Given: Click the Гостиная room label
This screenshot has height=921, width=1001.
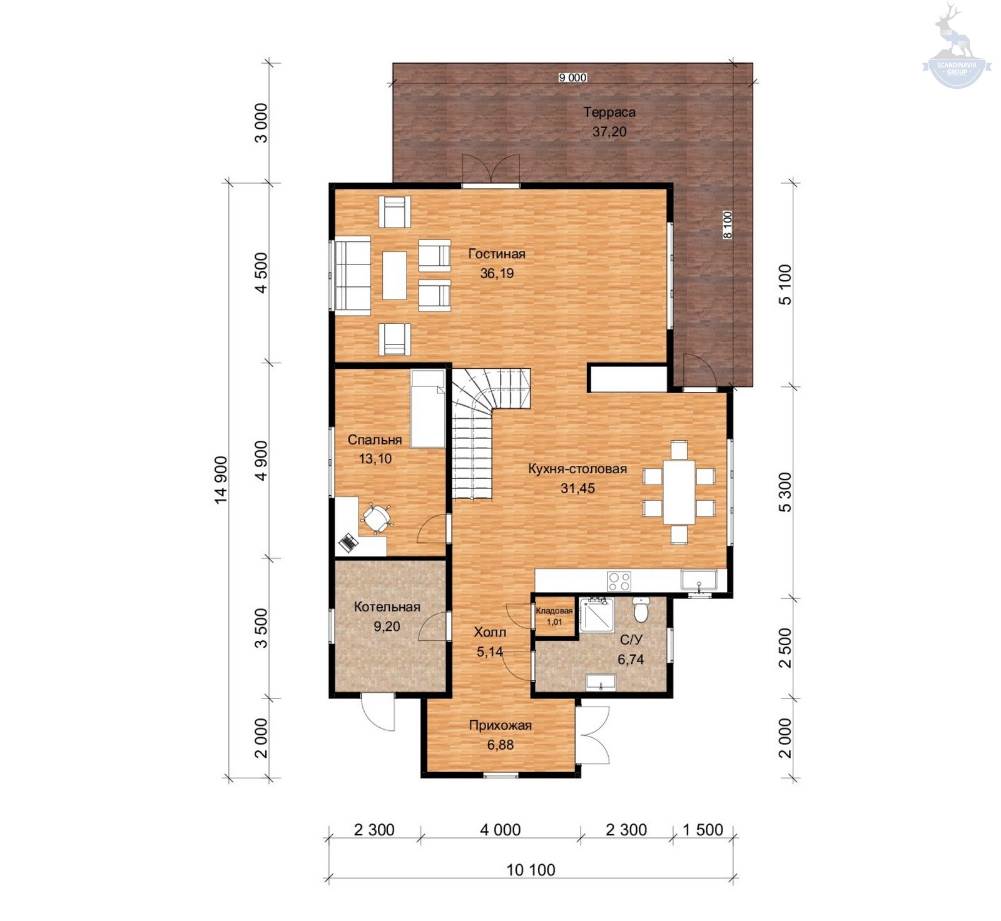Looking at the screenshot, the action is pyautogui.click(x=497, y=254).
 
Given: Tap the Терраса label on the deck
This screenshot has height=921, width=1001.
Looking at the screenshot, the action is pyautogui.click(x=609, y=113).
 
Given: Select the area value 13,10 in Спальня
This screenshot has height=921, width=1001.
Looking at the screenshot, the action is pyautogui.click(x=375, y=459).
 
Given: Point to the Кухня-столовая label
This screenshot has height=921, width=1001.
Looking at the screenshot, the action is pyautogui.click(x=577, y=469).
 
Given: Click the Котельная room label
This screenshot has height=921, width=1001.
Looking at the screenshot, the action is pyautogui.click(x=387, y=606).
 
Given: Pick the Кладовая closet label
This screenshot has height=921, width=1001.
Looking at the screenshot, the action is pyautogui.click(x=554, y=611).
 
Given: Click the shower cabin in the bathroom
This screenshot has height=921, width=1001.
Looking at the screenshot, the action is pyautogui.click(x=596, y=615).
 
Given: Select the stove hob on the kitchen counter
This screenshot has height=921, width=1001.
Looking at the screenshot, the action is pyautogui.click(x=619, y=581).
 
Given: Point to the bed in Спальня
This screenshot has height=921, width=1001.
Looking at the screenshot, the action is pyautogui.click(x=428, y=408).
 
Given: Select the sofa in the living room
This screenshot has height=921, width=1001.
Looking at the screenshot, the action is pyautogui.click(x=352, y=276).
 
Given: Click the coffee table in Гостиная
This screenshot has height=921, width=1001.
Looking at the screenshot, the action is pyautogui.click(x=395, y=276).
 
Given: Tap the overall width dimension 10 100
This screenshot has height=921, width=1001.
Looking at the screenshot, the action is pyautogui.click(x=531, y=870).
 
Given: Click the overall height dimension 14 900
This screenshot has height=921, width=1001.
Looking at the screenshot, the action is pyautogui.click(x=221, y=480).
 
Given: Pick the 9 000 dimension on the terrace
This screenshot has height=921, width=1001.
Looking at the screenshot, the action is pyautogui.click(x=572, y=78).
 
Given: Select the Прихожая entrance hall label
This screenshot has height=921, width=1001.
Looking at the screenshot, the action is pyautogui.click(x=500, y=725).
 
